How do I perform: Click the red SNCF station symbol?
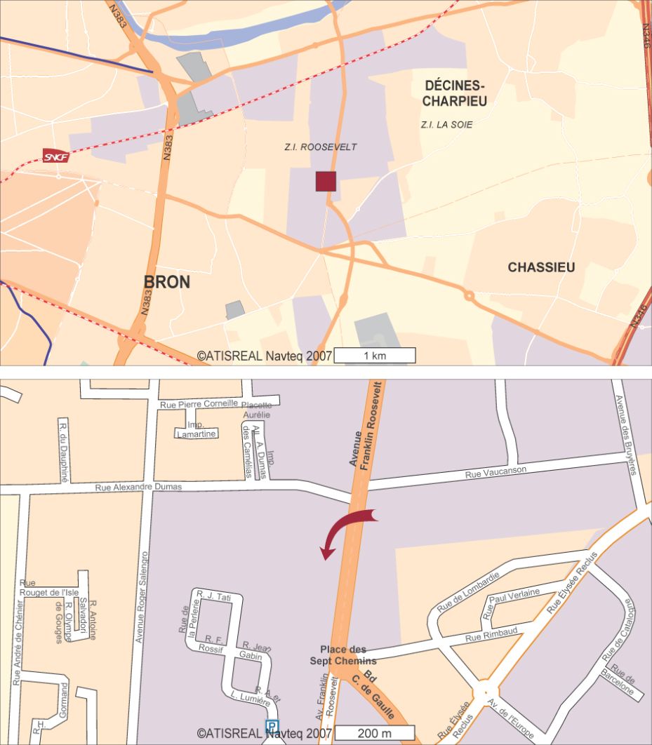point(56,156)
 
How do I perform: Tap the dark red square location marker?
point(326,181)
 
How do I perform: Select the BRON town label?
point(167,282)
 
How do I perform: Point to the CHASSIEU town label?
point(541,267)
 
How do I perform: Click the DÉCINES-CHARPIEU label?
point(455,93)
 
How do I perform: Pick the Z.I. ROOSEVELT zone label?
point(320,147)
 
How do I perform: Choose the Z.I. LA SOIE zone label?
point(446,125)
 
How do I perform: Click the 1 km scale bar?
point(374,356)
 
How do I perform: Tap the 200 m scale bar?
point(374,733)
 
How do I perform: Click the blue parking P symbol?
point(271,726)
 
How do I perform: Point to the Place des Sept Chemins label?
point(343,655)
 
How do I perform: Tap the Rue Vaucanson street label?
point(495,471)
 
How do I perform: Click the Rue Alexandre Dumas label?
point(139,487)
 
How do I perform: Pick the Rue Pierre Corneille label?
point(199,403)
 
